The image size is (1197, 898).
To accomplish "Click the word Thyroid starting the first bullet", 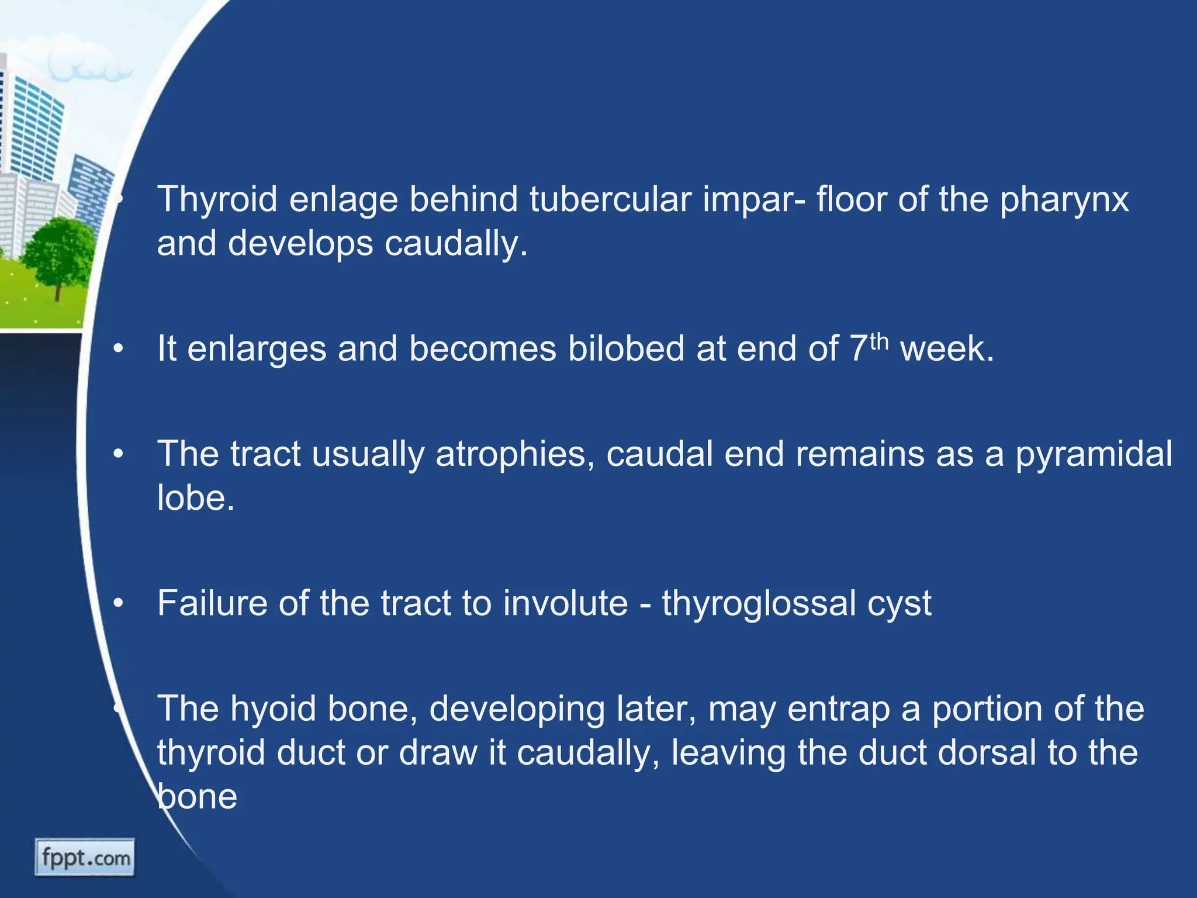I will [217, 199].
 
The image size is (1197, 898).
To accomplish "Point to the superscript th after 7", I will [879, 341].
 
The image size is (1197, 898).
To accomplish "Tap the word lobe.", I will [195, 498].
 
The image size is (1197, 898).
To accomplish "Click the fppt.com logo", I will [85, 858].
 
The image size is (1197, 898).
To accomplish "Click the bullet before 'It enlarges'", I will [119, 350].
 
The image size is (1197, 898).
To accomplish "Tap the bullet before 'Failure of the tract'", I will [119, 604].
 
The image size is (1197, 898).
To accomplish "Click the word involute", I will [565, 603].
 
